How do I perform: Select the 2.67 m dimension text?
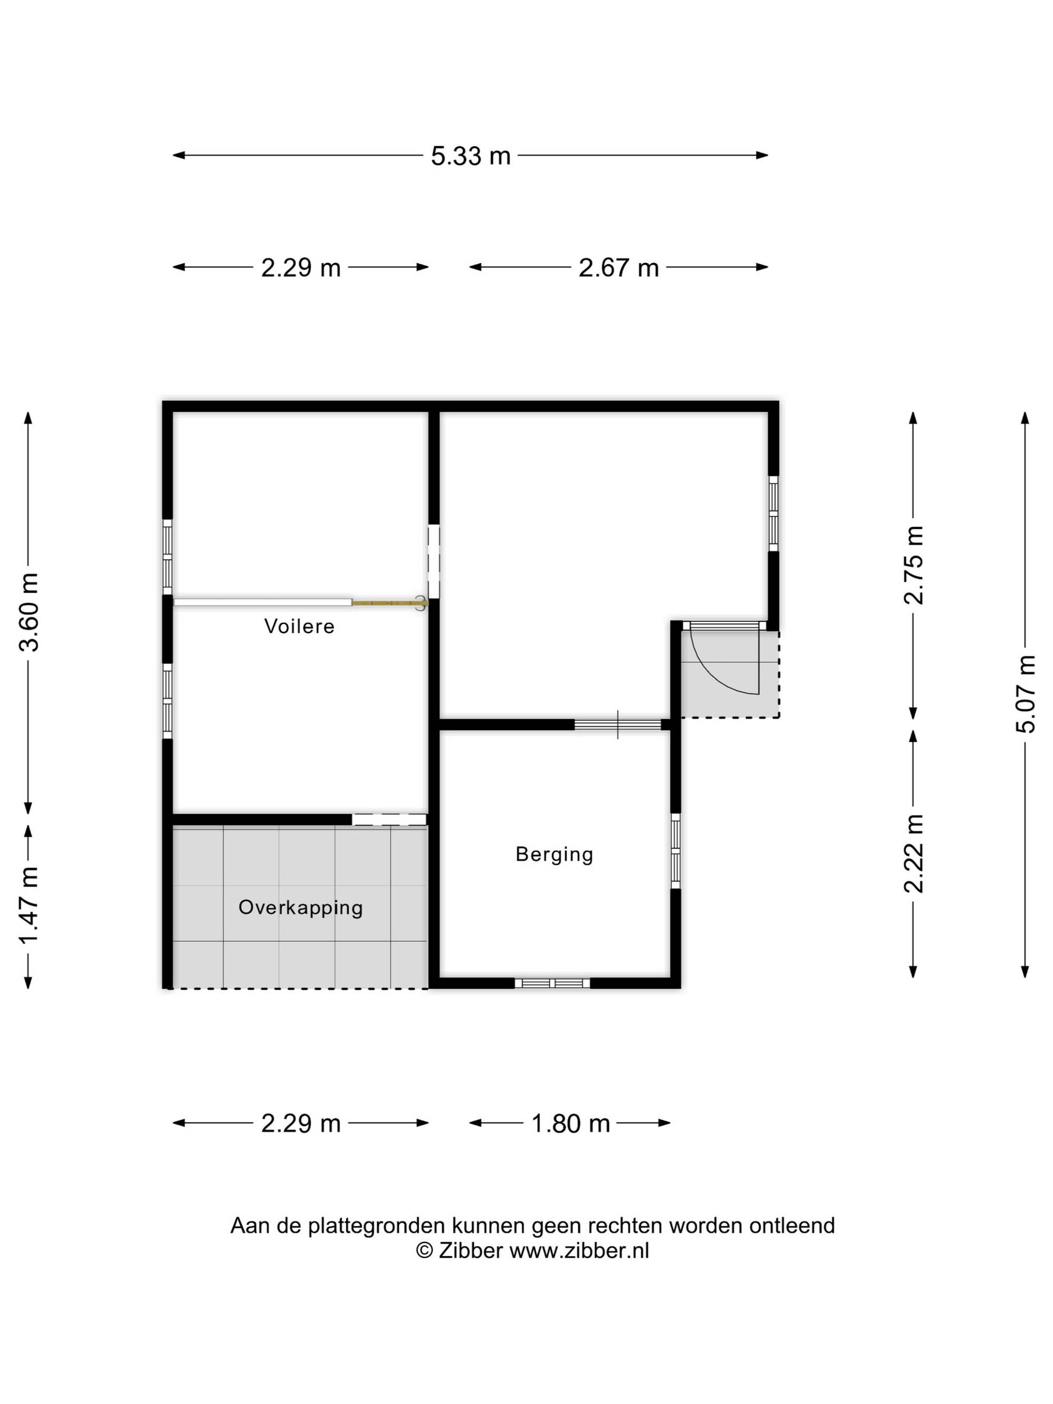(618, 267)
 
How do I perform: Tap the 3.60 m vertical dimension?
(29, 612)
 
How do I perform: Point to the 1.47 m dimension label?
(29, 905)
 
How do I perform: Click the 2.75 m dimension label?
(913, 565)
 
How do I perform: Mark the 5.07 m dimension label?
(1025, 694)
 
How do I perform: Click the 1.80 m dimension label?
(570, 1123)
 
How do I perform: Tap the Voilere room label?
(299, 626)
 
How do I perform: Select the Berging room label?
(554, 854)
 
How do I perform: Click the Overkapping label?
(300, 908)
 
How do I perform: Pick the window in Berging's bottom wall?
(552, 983)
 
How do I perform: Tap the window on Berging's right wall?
(675, 851)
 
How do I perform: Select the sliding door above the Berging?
(618, 725)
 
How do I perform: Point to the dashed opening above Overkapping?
(389, 820)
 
